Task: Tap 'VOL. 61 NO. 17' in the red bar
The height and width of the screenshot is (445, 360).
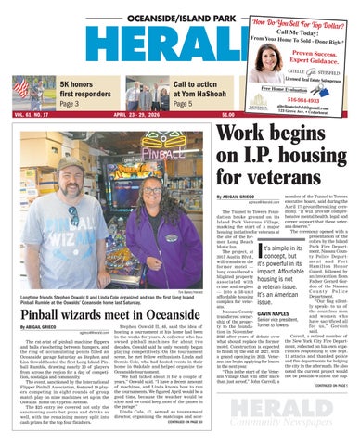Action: (31, 115)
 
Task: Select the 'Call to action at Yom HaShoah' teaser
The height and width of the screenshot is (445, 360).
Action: (198, 90)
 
